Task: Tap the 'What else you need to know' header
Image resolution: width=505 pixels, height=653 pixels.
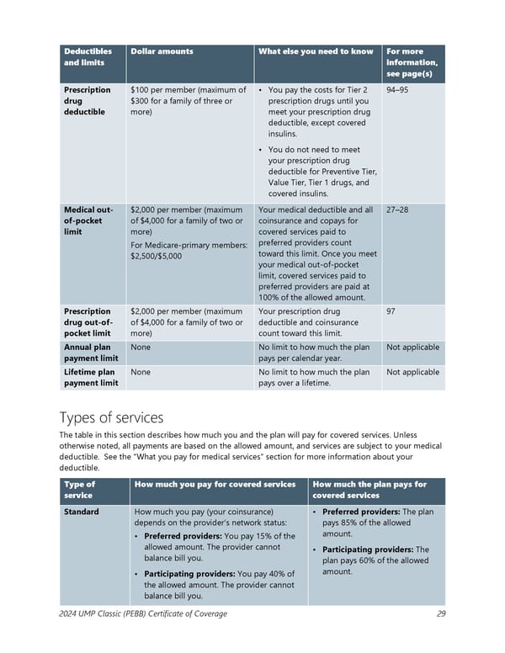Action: click(316, 51)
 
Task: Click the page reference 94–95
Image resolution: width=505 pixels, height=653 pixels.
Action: click(397, 90)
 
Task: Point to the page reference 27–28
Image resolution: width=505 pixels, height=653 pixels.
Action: click(397, 210)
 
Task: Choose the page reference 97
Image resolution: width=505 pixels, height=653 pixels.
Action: click(391, 311)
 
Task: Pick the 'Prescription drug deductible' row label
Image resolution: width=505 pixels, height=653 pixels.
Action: click(88, 101)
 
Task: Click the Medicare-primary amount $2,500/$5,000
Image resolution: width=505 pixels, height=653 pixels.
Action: click(157, 256)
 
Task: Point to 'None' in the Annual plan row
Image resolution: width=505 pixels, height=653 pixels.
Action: click(141, 346)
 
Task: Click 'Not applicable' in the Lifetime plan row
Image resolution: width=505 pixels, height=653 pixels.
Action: click(412, 372)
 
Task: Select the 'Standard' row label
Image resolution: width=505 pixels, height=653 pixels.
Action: click(82, 512)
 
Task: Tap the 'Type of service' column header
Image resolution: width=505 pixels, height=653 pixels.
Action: click(81, 490)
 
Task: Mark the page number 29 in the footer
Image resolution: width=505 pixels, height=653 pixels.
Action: click(441, 614)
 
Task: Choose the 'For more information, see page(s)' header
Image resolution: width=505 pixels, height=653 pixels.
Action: click(412, 62)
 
